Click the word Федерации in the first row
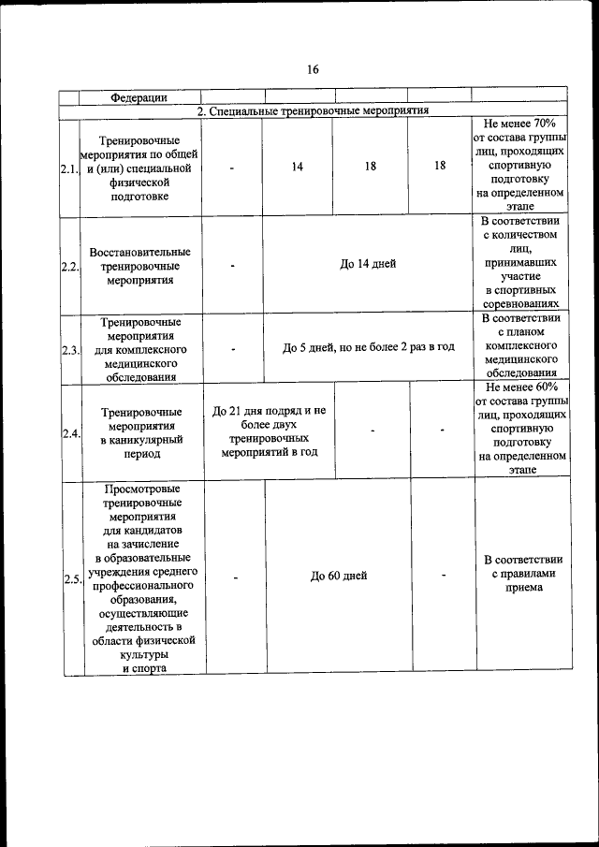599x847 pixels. click(139, 97)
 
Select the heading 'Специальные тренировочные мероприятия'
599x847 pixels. click(313, 110)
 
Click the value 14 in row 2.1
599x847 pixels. click(297, 166)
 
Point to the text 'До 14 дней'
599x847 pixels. click(368, 264)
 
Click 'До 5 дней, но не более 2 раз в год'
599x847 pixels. click(368, 347)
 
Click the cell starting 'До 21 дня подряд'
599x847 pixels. click(269, 431)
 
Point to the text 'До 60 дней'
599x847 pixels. click(339, 577)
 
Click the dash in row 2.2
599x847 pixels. click(232, 265)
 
